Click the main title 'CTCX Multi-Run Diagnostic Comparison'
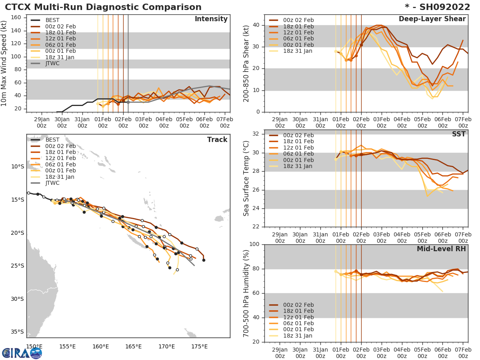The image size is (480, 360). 103,7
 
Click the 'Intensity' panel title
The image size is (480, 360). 211,19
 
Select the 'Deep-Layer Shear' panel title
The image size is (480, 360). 432,19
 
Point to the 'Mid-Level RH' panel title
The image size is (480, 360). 441,249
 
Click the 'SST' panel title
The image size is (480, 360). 459,134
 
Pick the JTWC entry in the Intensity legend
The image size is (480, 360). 52,64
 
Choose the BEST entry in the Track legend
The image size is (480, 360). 52,140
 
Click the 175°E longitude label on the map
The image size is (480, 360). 199,347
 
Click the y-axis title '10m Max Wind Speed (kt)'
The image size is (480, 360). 4,64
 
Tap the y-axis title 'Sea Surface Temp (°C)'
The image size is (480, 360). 246,178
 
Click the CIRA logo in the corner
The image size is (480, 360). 22,353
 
